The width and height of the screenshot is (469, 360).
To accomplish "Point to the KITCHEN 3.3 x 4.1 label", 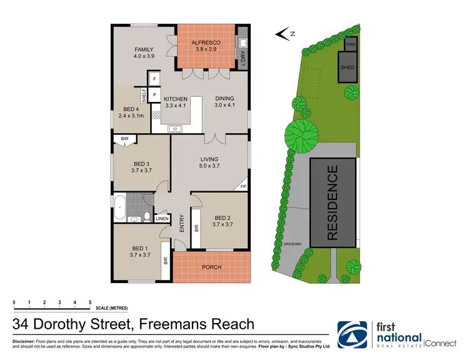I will coord(175,102).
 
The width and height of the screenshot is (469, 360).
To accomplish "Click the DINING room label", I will coord(224,102).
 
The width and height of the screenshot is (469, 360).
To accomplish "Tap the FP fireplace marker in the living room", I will coord(243,186).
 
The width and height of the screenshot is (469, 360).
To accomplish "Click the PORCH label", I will coord(211,267).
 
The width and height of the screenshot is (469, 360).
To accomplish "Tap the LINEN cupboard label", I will coord(162,219).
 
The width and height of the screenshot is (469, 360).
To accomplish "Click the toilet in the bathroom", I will coord(146,217).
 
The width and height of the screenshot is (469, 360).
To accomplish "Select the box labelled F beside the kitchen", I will coord(154,79).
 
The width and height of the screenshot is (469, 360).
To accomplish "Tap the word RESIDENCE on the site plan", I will coord(333,202).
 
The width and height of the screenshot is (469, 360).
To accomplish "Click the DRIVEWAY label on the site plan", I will coord(293,244).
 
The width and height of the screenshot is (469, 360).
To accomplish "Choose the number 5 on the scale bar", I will coord(90,302).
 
